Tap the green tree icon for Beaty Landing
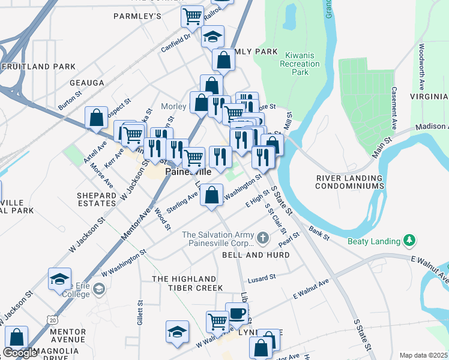pos(410,241)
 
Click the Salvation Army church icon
pos(262,239)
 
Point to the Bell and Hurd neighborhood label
pos(256,255)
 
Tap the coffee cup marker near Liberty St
pos(237,313)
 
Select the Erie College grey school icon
pos(99,290)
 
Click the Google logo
pos(20,353)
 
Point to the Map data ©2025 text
pos(423,355)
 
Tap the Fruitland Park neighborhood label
pos(38,67)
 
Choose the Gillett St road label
pos(140,311)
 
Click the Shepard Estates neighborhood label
pos(97,200)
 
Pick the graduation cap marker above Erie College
pos(60,279)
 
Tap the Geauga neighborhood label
pos(87,83)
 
